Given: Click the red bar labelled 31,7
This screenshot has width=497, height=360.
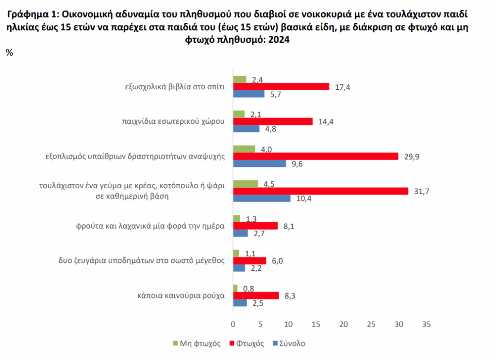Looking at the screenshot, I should point(320,191).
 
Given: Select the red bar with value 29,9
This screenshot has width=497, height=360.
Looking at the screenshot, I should point(315,156).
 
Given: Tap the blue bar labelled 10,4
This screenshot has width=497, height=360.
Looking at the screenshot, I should point(262,198).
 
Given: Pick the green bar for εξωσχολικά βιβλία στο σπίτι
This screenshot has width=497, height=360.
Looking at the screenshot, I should point(240,80).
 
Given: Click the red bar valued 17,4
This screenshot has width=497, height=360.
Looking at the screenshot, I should point(281,87).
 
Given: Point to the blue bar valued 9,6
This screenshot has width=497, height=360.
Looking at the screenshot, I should point(260,164).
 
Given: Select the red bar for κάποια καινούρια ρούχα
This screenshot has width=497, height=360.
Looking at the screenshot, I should point(256,295).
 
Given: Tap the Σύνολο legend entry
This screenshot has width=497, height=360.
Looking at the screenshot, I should point(291,344).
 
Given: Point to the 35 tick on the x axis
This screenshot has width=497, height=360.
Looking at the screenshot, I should point(427,324).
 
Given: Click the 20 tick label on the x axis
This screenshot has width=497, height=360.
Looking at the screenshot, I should point(344,324).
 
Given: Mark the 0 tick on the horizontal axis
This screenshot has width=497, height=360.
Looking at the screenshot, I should point(233,324).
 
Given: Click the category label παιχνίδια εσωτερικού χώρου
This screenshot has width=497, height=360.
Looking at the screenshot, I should point(173,121).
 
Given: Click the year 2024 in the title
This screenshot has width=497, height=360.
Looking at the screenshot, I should point(278,41).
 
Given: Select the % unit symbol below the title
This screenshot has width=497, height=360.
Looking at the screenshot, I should point(9,53).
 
